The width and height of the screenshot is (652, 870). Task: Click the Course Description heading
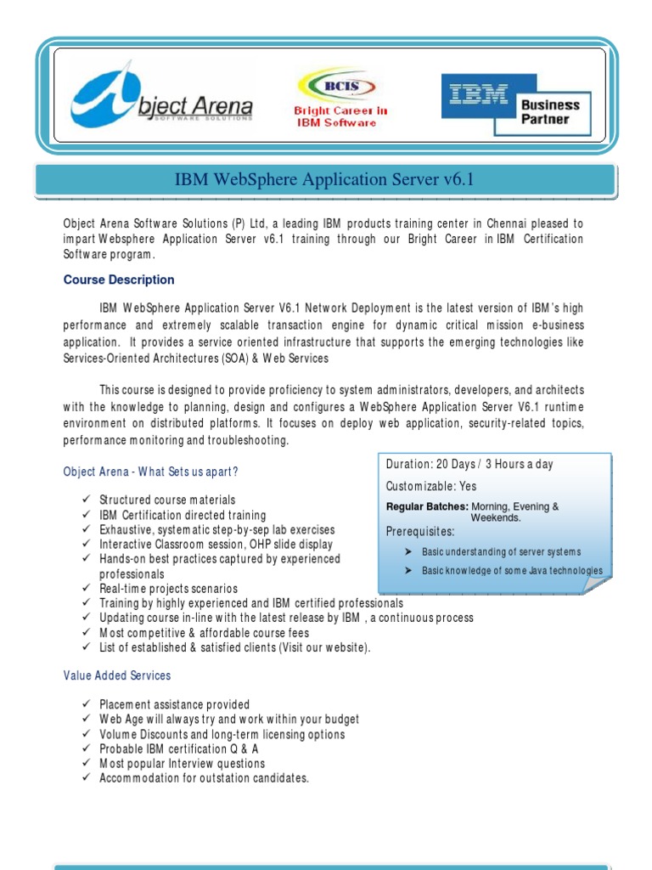pyautogui.click(x=119, y=280)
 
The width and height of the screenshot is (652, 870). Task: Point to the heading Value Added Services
pyautogui.click(x=117, y=675)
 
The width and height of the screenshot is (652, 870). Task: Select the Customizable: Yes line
pyautogui.click(x=431, y=486)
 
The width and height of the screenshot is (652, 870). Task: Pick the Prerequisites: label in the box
pyautogui.click(x=420, y=532)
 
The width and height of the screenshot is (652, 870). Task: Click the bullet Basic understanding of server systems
pyautogui.click(x=502, y=552)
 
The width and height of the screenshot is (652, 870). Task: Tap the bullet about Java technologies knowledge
pyautogui.click(x=512, y=571)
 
